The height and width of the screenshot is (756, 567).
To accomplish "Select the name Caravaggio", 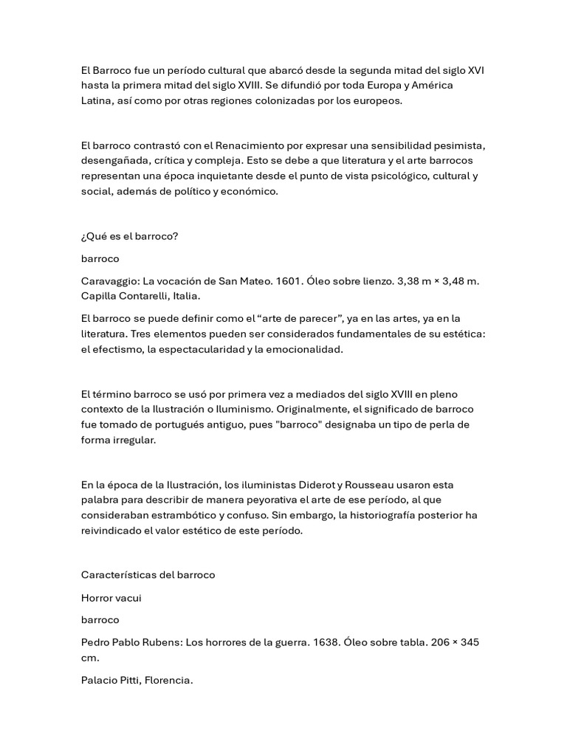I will (x=109, y=281).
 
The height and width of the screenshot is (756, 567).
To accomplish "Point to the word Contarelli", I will (x=146, y=296).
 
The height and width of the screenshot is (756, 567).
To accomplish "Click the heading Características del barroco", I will (x=148, y=574).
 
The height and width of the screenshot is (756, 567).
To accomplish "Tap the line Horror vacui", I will (x=111, y=598).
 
